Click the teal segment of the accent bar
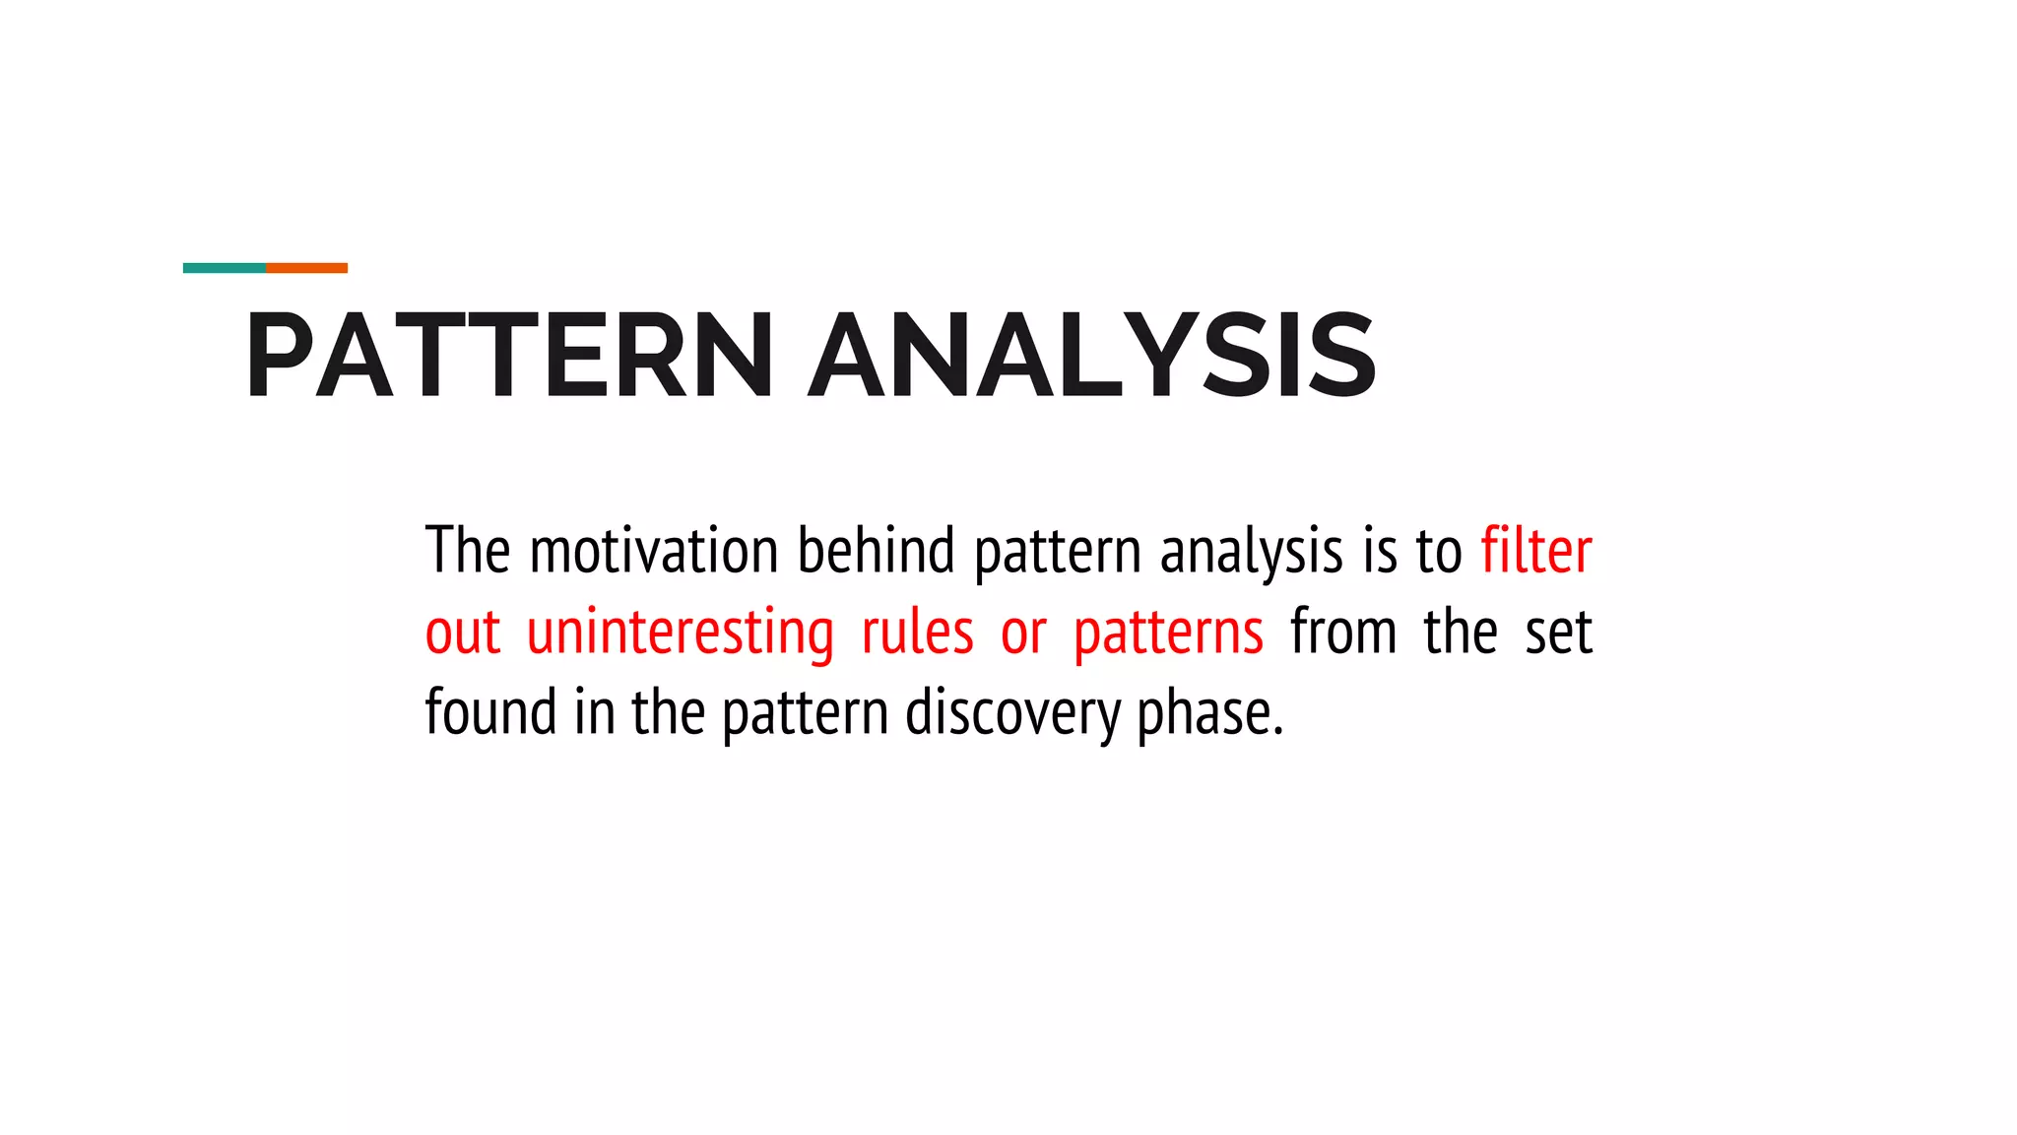click(225, 268)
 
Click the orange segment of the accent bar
click(306, 268)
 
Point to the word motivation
click(654, 551)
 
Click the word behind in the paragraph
click(876, 551)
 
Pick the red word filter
click(1536, 551)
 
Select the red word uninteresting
click(680, 633)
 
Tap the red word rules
click(917, 633)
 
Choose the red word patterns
click(1168, 633)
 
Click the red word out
click(463, 633)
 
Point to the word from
click(1343, 633)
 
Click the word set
click(1558, 633)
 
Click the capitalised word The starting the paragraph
click(468, 551)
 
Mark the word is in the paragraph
click(1379, 551)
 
